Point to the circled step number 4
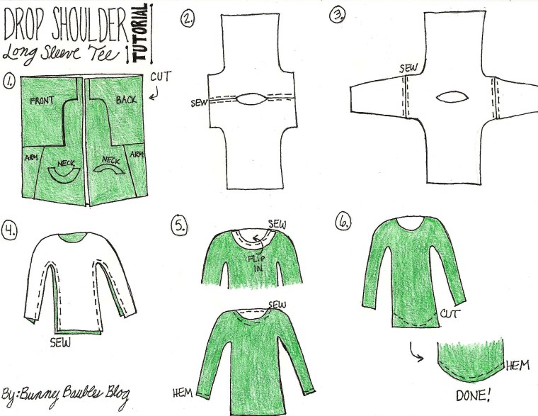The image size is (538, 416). (x=11, y=230)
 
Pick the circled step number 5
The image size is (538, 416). (x=180, y=226)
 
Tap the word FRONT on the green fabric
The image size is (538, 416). (x=44, y=101)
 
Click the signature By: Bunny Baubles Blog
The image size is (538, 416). (x=67, y=393)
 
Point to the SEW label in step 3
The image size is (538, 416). (x=410, y=68)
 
